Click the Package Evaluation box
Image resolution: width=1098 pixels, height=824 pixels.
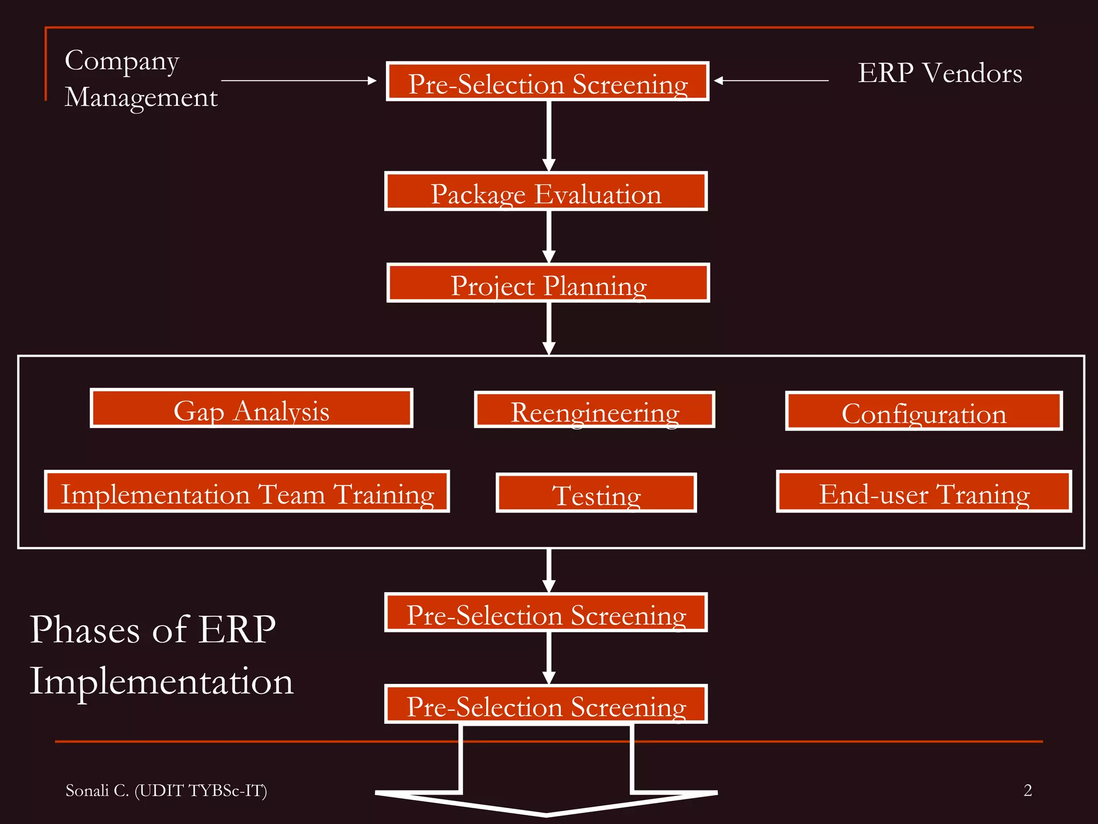pos(546,192)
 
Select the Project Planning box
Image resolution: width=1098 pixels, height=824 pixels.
pos(548,283)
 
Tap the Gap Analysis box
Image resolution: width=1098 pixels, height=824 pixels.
pos(251,408)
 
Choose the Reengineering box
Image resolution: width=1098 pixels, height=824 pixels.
pos(595,410)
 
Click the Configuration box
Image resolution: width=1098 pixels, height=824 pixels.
pos(923,411)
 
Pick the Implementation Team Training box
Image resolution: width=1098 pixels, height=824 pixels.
pos(247,492)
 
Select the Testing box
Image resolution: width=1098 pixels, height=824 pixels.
pos(596,493)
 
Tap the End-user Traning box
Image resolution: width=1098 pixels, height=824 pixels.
pos(923,492)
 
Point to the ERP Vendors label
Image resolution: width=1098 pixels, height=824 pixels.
pos(939,73)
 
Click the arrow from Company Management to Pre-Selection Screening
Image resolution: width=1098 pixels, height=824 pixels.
pos(299,80)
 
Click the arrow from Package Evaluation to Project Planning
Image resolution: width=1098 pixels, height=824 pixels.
pos(548,237)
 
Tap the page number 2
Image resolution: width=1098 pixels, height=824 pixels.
pos(1027,790)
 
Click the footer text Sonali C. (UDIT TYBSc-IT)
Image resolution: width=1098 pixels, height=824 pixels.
pos(166,790)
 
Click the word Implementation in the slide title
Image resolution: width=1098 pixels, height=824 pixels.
pos(161,681)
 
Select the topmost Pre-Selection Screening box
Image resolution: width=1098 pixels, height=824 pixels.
pos(547,82)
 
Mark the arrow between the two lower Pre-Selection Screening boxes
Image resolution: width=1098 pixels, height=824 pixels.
pos(548,658)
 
